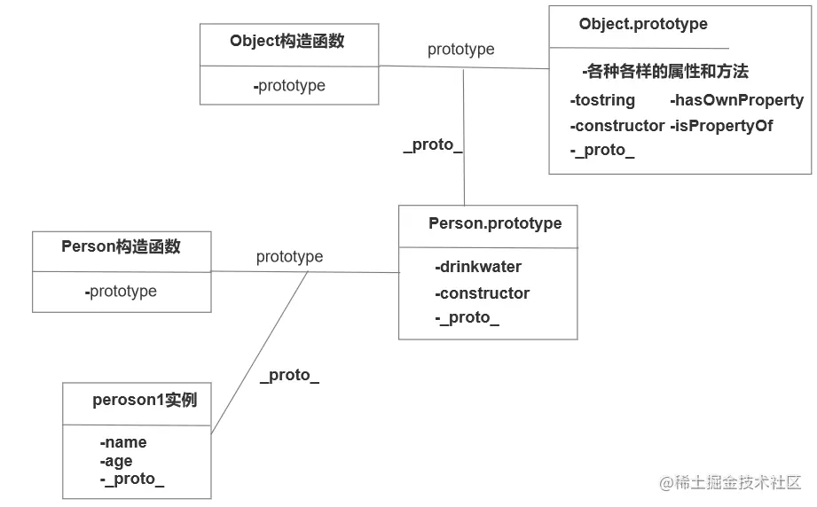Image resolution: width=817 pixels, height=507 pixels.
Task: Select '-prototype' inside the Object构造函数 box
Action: pyautogui.click(x=289, y=86)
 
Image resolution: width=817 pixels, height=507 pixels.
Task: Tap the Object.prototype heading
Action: pyautogui.click(x=643, y=24)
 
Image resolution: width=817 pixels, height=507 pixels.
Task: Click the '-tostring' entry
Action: pyautogui.click(x=602, y=100)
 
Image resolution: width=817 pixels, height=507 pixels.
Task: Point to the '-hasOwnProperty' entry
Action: pyautogui.click(x=736, y=100)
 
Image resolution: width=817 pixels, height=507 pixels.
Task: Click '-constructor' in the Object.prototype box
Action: pyautogui.click(x=617, y=126)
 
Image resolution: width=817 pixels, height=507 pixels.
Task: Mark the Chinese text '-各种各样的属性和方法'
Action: pyautogui.click(x=665, y=72)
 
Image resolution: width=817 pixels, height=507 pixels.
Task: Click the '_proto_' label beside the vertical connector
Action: pyautogui.click(x=433, y=144)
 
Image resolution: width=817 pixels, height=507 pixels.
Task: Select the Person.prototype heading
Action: pyautogui.click(x=495, y=223)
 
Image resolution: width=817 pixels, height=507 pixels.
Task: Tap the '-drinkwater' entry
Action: pyautogui.click(x=478, y=267)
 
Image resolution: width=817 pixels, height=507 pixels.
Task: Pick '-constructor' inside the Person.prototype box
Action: pyautogui.click(x=482, y=293)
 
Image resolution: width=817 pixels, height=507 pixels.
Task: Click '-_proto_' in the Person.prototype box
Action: pyautogui.click(x=467, y=318)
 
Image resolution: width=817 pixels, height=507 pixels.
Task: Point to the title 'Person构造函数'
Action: pyautogui.click(x=121, y=246)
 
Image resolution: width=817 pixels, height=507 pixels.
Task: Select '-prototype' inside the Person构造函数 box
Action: pyautogui.click(x=122, y=292)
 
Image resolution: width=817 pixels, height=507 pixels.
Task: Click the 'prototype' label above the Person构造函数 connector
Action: pyautogui.click(x=289, y=257)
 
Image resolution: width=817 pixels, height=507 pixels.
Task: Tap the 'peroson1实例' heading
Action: pyautogui.click(x=145, y=401)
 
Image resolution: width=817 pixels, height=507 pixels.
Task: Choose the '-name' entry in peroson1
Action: pyautogui.click(x=123, y=442)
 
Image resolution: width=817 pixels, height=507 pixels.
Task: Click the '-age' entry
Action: pyautogui.click(x=116, y=461)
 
